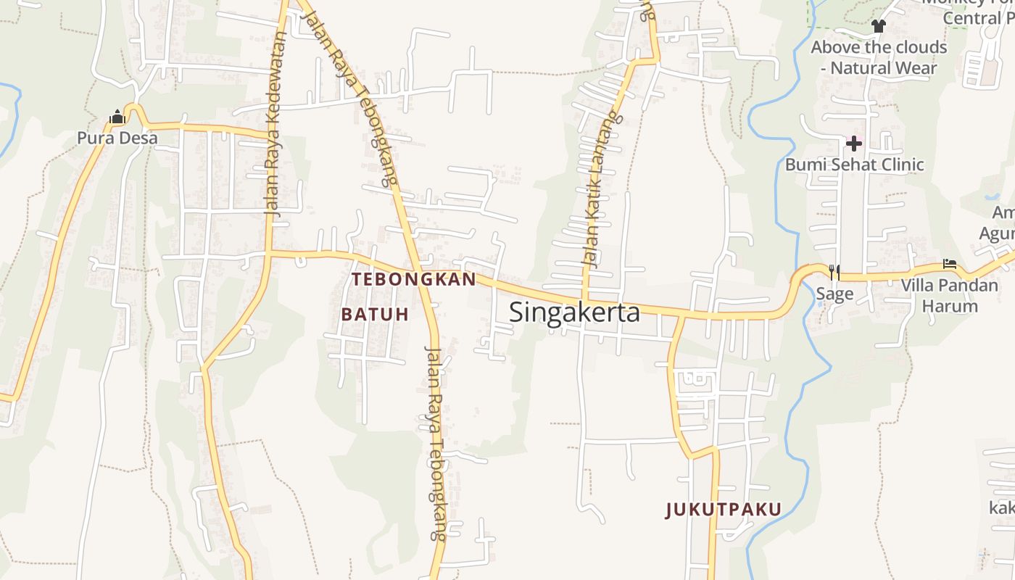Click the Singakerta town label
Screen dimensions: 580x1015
574,312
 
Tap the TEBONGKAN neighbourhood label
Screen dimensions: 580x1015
414,279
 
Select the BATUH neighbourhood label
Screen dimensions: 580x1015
375,314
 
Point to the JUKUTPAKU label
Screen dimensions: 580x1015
724,510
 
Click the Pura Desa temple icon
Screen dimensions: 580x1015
117,117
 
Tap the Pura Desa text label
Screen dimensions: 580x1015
117,138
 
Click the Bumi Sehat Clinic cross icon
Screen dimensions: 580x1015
854,144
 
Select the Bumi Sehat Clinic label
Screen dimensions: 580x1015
854,165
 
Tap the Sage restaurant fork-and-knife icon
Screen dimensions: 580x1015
834,272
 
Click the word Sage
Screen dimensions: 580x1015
834,294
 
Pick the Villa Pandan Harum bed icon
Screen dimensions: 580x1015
950,264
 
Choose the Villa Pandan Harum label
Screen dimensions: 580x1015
950,295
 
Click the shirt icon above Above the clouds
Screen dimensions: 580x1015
879,27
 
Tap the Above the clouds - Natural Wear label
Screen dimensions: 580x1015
879,57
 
